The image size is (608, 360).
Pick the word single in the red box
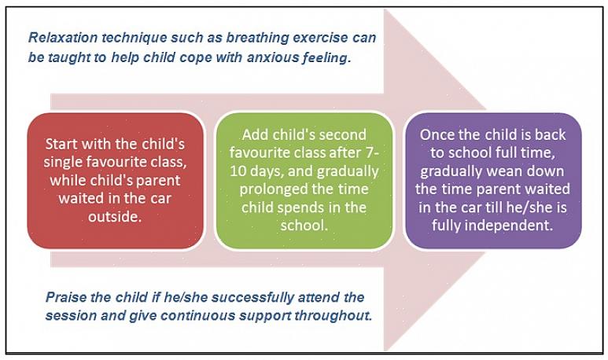tap(62, 163)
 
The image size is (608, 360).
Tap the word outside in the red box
tap(114, 216)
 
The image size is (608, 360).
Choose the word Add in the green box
tap(256, 134)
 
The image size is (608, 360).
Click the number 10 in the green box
tap(238, 171)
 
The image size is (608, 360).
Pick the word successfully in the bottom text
tap(252, 298)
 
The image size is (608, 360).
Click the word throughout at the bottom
tap(333, 315)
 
